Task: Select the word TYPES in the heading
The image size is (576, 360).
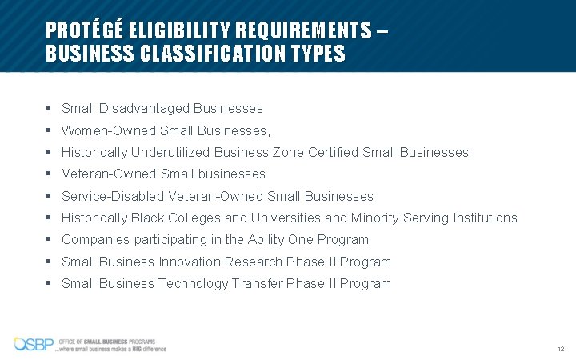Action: pyautogui.click(x=320, y=54)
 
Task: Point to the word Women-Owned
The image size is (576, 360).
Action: pyautogui.click(x=109, y=130)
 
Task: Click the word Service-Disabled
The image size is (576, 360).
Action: pyautogui.click(x=114, y=196)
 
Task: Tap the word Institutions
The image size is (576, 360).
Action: pyautogui.click(x=482, y=218)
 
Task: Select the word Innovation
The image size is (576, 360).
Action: pyautogui.click(x=190, y=262)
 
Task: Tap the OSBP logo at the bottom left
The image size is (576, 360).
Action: pyautogui.click(x=34, y=345)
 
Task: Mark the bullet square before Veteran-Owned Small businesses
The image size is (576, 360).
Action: pyautogui.click(x=50, y=174)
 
